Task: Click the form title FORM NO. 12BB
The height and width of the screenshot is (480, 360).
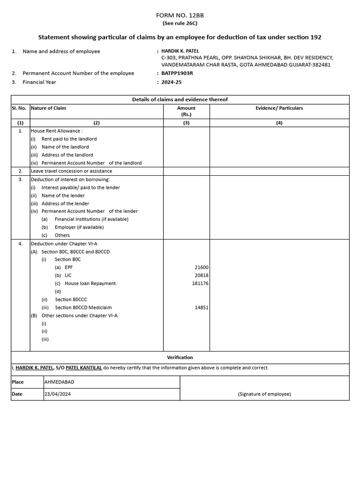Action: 180,15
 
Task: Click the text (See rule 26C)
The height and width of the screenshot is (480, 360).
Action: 180,23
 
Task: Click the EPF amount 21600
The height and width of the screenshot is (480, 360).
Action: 202,267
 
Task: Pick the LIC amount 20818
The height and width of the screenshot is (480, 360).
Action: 202,275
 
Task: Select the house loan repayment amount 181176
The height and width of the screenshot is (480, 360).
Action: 200,283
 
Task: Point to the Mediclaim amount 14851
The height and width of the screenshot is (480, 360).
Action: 202,307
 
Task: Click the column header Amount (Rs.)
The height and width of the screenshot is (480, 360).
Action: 186,111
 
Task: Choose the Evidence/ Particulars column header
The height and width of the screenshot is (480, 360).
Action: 279,108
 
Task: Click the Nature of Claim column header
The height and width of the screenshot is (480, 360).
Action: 48,108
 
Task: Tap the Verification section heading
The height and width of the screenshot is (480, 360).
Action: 180,357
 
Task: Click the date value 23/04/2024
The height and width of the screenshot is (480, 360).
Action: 58,394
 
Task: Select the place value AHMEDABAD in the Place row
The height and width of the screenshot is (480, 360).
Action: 59,382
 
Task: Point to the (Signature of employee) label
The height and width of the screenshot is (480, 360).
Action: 264,394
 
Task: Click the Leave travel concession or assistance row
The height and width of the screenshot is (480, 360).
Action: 71,171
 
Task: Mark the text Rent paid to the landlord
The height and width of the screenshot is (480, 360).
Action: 69,139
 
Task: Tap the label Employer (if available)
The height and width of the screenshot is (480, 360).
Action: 79,227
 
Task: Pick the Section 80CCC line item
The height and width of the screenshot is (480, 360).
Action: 71,300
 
